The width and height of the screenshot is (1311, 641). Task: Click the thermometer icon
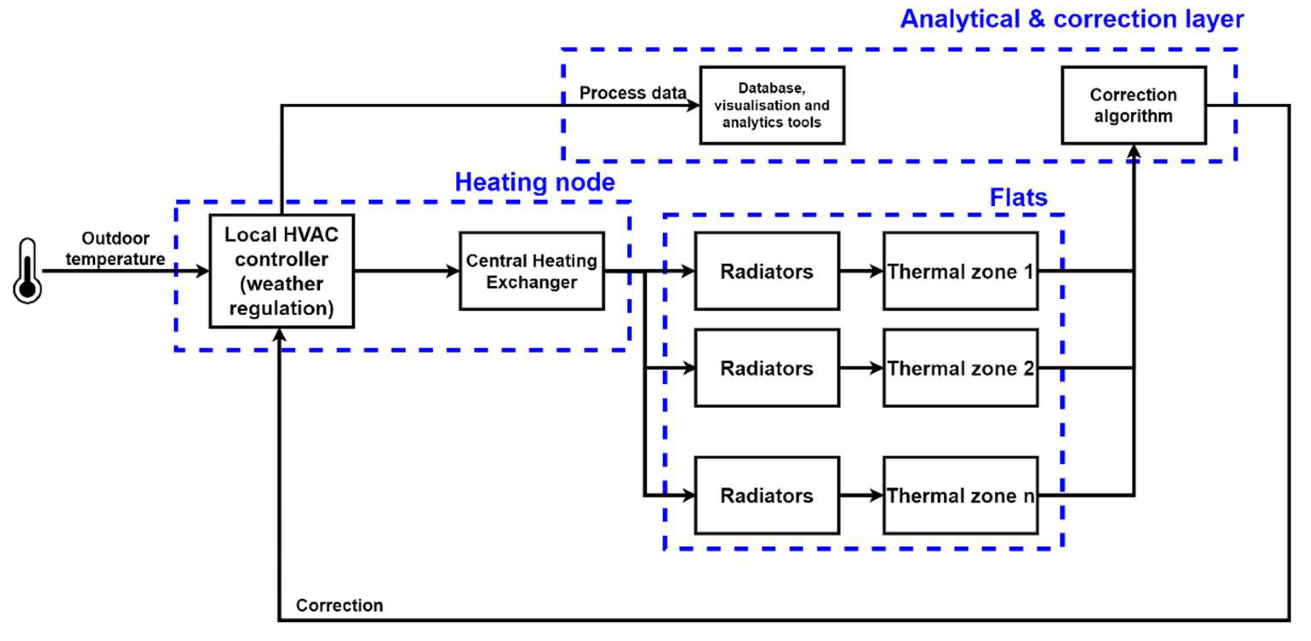point(27,271)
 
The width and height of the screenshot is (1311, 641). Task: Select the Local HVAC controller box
point(281,271)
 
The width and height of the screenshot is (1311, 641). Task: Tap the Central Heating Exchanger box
point(531,271)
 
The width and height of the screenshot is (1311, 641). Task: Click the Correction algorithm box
point(1133,106)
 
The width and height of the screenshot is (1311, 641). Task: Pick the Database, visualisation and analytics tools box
point(772,106)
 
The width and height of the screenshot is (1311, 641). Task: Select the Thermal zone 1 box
point(960,271)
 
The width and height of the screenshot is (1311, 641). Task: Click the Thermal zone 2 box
point(960,367)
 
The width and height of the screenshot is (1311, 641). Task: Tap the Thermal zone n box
point(960,495)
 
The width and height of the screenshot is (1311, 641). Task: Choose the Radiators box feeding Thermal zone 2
point(766,367)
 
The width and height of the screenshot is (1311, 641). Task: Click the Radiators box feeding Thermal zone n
point(766,495)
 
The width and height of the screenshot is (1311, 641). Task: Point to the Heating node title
point(534,182)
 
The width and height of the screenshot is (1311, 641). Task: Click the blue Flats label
point(1018,198)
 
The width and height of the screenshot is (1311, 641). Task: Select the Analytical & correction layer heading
point(1071,19)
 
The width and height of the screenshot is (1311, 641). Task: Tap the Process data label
point(633,93)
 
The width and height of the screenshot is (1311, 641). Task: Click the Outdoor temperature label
point(115,248)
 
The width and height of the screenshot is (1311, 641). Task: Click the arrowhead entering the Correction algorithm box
point(1133,151)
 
